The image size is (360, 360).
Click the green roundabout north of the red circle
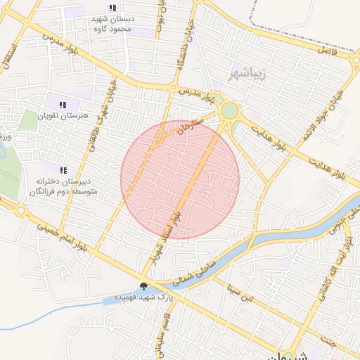(x=229, y=111)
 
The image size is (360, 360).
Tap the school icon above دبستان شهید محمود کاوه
(x=112, y=8)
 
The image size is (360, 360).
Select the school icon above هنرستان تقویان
(x=63, y=104)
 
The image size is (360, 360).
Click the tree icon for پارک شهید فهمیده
(x=144, y=286)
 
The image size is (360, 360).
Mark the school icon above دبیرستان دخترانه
(x=63, y=170)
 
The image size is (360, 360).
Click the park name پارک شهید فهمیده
(x=179, y=293)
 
